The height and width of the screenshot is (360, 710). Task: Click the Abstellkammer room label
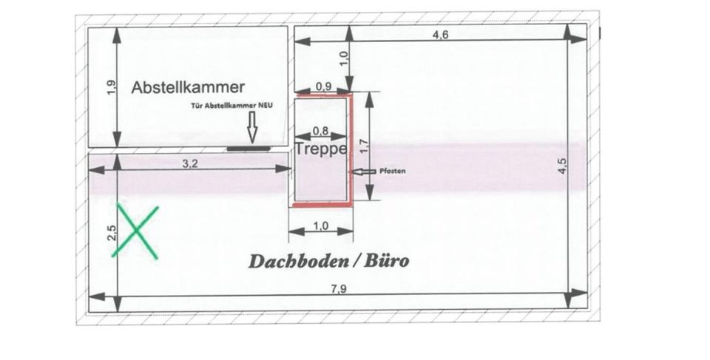point(188,87)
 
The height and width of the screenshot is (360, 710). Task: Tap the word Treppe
point(320,148)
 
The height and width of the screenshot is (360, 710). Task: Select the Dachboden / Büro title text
point(328,261)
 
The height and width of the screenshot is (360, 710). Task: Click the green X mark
point(135,231)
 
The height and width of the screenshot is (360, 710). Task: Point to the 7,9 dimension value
point(339,289)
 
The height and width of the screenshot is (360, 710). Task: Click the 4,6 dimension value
point(441,36)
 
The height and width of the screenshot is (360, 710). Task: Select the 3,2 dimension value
point(190,163)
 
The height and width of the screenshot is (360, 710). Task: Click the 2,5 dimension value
point(112,234)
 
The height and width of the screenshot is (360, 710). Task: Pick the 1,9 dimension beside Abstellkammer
point(111,87)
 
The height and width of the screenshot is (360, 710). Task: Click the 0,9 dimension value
point(323,86)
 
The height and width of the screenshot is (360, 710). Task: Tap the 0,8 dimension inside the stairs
point(320,130)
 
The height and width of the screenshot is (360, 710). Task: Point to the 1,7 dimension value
point(362,146)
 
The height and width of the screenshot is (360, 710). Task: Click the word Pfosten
point(392,171)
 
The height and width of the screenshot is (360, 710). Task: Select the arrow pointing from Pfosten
point(363,171)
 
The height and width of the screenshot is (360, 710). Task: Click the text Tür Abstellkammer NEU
point(231,106)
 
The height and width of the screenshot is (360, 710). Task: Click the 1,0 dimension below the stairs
point(320,226)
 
